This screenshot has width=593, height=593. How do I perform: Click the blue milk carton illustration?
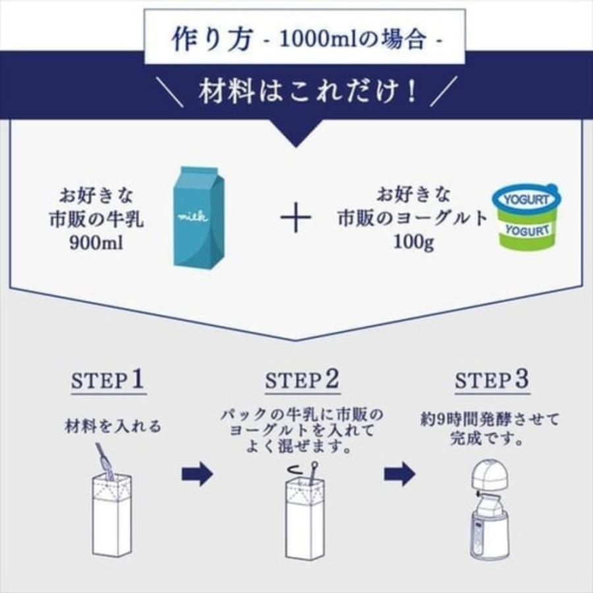198,217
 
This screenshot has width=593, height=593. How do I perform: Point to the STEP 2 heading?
302,380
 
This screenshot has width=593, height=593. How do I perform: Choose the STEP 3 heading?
492,380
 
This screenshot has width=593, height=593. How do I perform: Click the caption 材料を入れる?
112,426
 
